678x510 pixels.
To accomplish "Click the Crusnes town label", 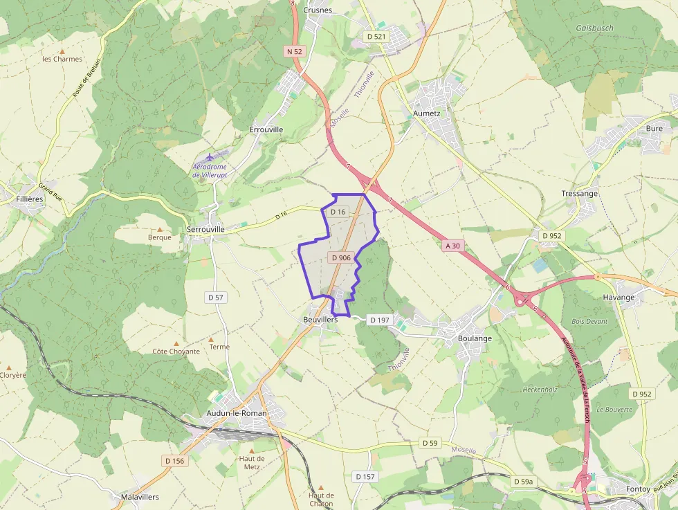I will click(x=318, y=10).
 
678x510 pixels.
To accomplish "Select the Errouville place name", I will click(x=266, y=129).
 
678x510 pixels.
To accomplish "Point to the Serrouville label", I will click(x=205, y=229).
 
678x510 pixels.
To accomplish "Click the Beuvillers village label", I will click(x=320, y=320).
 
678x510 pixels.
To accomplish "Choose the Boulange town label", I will click(x=475, y=338).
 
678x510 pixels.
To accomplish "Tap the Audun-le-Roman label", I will click(x=236, y=413).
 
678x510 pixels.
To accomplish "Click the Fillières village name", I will click(x=30, y=199).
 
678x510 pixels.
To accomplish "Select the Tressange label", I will click(x=579, y=194).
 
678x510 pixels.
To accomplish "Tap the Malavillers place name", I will click(x=140, y=497).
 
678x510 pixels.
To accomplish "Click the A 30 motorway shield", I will click(x=452, y=246).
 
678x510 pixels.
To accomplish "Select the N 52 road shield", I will click(x=294, y=52).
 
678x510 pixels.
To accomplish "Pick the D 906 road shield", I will click(x=341, y=257).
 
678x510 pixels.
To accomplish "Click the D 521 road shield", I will click(x=376, y=35).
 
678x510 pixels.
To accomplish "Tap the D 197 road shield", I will click(x=380, y=320).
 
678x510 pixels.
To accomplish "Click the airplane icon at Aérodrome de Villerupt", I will click(x=210, y=156).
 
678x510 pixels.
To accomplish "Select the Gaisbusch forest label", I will click(x=594, y=28).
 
